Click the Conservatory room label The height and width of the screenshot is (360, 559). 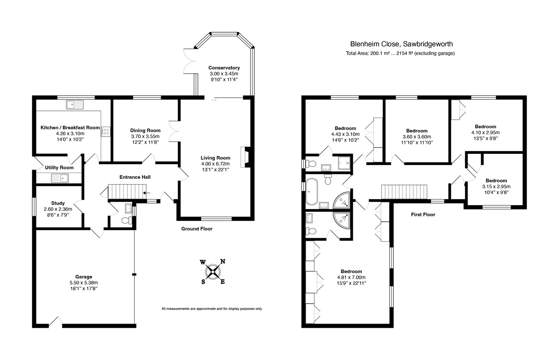pyautogui.click(x=224, y=68)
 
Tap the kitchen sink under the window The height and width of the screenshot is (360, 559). pyautogui.click(x=75, y=105)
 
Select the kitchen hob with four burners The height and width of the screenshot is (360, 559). pyautogui.click(x=106, y=132)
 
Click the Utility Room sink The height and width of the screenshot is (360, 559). pyautogui.click(x=60, y=178)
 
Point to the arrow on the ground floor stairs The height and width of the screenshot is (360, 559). pyautogui.click(x=147, y=193)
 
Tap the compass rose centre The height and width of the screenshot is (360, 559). pyautogui.click(x=212, y=272)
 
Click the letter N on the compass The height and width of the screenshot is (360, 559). pyautogui.click(x=223, y=262)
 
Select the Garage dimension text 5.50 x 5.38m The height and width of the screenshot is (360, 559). pyautogui.click(x=84, y=283)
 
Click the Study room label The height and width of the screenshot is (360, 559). pyautogui.click(x=58, y=203)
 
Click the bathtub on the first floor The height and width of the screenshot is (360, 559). pyautogui.click(x=312, y=191)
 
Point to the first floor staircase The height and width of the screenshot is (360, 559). pyautogui.click(x=404, y=192)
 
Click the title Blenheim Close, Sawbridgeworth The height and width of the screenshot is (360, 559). pyautogui.click(x=402, y=44)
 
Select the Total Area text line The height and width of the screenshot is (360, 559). pyautogui.click(x=400, y=53)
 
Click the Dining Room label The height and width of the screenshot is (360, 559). pyautogui.click(x=145, y=130)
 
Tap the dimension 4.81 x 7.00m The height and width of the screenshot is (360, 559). pyautogui.click(x=352, y=277)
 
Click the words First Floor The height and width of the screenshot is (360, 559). pyautogui.click(x=423, y=214)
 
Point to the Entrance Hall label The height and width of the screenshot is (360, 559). pyautogui.click(x=135, y=177)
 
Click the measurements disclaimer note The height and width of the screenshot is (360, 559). pyautogui.click(x=212, y=309)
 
